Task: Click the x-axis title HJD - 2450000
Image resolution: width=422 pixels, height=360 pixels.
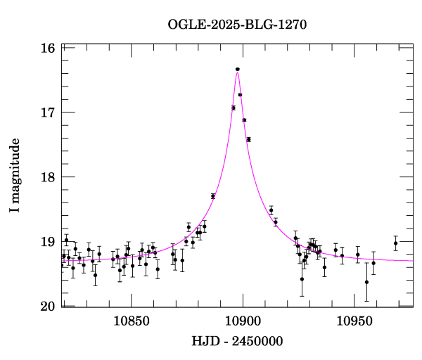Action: click(238, 341)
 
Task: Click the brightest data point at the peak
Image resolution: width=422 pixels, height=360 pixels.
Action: click(238, 69)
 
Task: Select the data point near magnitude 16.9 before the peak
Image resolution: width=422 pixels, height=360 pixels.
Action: click(234, 108)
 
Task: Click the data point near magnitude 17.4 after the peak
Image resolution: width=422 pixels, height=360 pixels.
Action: click(248, 139)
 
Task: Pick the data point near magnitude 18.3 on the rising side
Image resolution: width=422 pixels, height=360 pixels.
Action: click(213, 196)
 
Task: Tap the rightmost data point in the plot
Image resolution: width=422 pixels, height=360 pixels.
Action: click(396, 243)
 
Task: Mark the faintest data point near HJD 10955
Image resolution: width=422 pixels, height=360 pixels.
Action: click(366, 282)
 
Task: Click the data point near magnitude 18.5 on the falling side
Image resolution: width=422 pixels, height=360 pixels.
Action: click(271, 210)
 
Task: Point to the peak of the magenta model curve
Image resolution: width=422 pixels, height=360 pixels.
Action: click(238, 72)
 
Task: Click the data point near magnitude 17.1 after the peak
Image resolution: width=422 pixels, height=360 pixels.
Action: click(244, 120)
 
